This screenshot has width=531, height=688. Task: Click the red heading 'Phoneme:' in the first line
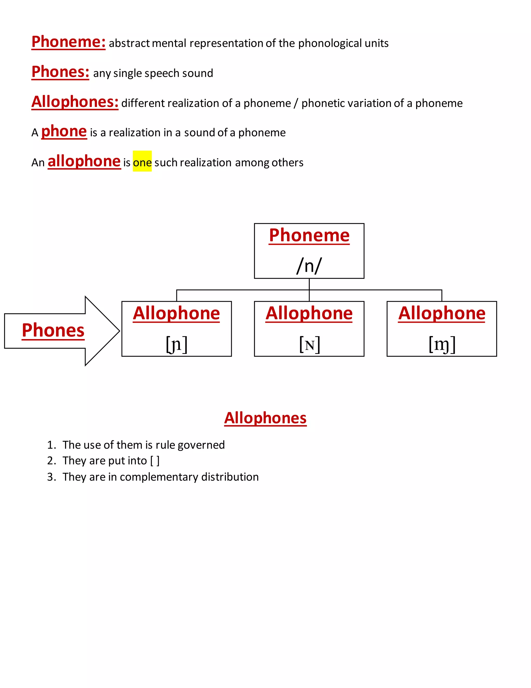pos(68,42)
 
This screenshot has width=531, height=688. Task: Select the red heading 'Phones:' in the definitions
pos(60,72)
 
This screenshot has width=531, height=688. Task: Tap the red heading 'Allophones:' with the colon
pos(75,102)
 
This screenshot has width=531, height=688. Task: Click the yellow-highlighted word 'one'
pos(142,163)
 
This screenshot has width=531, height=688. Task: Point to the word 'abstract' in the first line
pos(129,43)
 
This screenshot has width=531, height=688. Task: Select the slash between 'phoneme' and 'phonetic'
pos(296,103)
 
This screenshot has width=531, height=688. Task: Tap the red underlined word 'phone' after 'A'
pos(64,131)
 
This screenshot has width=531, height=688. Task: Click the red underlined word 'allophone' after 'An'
pos(84,161)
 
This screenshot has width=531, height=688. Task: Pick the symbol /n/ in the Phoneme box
pos(309,266)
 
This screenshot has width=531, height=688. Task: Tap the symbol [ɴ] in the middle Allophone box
pos(309,344)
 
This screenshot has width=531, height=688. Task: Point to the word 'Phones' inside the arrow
pos(53,330)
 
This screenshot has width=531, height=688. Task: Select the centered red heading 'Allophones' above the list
pos(265,418)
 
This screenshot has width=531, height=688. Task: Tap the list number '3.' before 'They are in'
pos(52,477)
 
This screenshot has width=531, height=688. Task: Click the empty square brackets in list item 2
pos(155,461)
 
